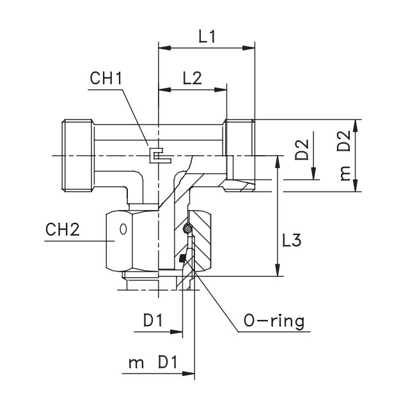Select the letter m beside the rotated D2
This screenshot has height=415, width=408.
(346, 173)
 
